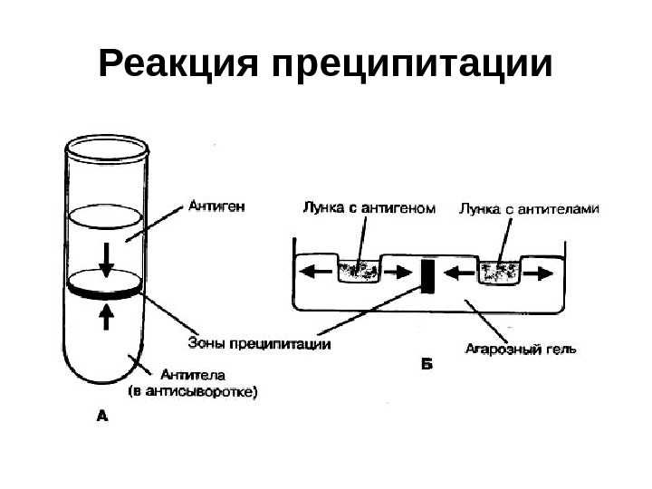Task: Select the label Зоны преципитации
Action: click(x=259, y=343)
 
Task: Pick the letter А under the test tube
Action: click(x=101, y=417)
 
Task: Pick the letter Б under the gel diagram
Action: click(x=428, y=366)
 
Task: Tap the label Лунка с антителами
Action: click(x=529, y=209)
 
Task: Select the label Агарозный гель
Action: click(x=521, y=347)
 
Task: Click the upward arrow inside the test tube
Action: click(x=107, y=314)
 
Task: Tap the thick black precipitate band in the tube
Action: click(x=106, y=292)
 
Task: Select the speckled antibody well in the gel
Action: click(x=498, y=271)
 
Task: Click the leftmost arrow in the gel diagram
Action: click(x=312, y=271)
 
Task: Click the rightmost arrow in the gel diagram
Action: click(x=541, y=271)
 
